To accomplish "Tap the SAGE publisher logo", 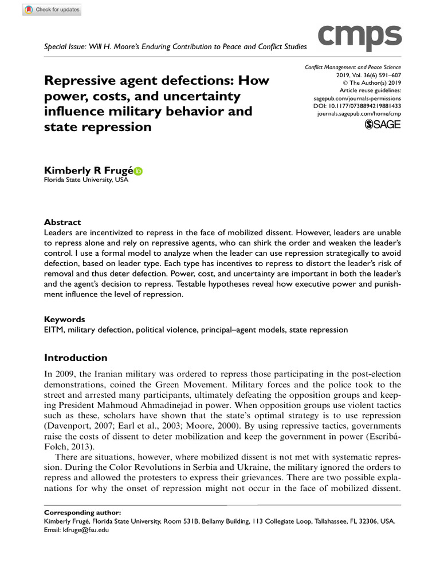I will click(x=383, y=124).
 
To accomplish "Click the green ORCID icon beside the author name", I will click(x=138, y=171).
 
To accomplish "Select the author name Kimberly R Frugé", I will click(x=88, y=171).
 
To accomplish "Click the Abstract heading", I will click(x=62, y=222).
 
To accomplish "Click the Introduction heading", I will click(x=76, y=358).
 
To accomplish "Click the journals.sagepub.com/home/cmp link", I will click(x=359, y=114).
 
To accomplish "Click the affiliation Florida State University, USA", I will click(x=87, y=180).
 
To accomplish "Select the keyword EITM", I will click(x=54, y=330).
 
